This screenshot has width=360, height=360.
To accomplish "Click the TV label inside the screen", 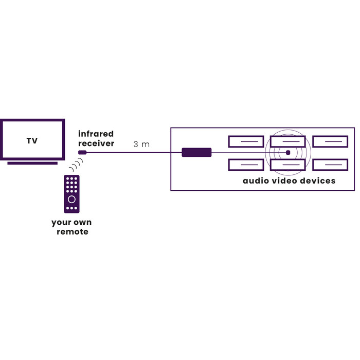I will point(32,140).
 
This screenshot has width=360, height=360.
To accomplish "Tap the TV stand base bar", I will point(32,163).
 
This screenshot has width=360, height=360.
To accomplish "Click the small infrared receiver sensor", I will point(82,152).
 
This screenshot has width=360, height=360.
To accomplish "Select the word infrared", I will point(96,134).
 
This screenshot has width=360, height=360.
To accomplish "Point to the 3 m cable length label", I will point(141,145).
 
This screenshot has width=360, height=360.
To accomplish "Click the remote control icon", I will point(71,194).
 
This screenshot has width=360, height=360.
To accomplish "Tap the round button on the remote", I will point(71,199).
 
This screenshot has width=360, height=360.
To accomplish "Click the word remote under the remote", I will point(73,232).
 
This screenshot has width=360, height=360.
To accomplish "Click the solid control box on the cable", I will point(196,152).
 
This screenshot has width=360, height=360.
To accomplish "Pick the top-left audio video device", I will point(246,141).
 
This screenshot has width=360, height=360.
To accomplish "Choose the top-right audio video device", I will point(330,141).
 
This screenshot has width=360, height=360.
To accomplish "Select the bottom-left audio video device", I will point(246,165).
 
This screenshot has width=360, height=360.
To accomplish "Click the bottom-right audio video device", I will point(330,165).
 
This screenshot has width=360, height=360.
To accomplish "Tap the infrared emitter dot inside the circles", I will point(288,152).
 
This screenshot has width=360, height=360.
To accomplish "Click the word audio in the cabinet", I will point(257,181).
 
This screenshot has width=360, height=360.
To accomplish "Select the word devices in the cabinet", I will point(319,181).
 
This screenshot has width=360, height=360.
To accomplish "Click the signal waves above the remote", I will point(77,166).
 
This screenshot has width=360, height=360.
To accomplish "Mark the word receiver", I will point(96,143).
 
